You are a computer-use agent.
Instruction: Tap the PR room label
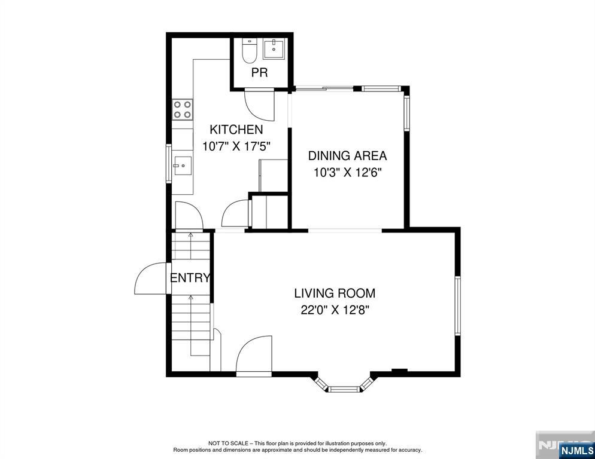[260, 72]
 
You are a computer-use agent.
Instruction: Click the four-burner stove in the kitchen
[183, 109]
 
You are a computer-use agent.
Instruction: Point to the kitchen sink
[183, 166]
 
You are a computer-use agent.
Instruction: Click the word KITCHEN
[236, 130]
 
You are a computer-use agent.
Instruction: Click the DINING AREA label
[347, 156]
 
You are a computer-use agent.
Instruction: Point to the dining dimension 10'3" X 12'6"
[347, 173]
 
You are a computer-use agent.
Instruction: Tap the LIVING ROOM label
[335, 293]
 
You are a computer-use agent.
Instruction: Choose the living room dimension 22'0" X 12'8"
[335, 310]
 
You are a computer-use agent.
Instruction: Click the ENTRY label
[190, 278]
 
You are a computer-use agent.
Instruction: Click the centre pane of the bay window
[344, 389]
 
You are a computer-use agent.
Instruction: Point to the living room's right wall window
[458, 305]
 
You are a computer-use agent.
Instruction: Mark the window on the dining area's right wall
[407, 114]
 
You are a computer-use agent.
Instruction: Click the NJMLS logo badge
[576, 450]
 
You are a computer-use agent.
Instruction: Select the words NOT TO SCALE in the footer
[229, 443]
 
